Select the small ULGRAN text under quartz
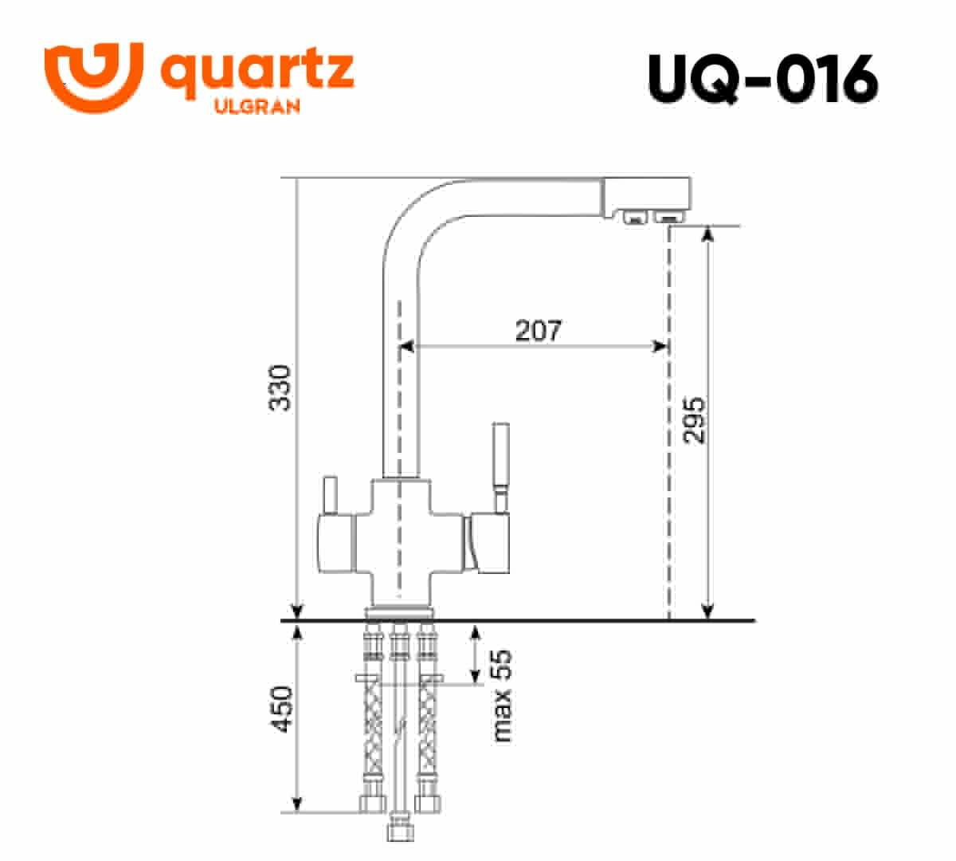coord(257,106)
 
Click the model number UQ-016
coord(762,79)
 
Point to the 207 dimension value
coord(539,330)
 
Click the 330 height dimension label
coord(280,387)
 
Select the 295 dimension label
coord(694,420)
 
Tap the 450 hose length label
coord(281,710)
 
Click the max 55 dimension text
coord(502,696)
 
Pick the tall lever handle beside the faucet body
coord(500,467)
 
